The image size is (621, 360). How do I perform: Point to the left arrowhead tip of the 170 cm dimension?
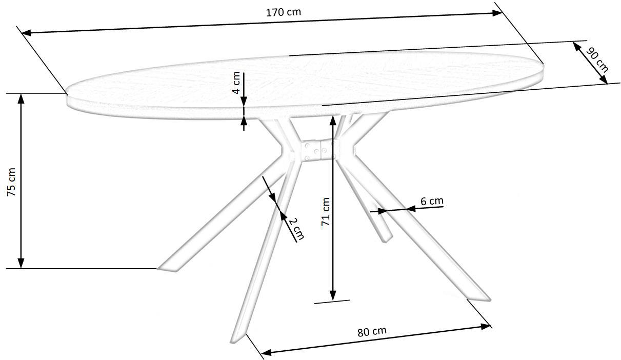pyautogui.click(x=22, y=33)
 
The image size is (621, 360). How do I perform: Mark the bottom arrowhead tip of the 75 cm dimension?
pyautogui.click(x=21, y=268)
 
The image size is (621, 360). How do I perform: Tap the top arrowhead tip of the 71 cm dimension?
pyautogui.click(x=333, y=115)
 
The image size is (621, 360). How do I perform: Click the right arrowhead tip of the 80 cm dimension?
pyautogui.click(x=490, y=326)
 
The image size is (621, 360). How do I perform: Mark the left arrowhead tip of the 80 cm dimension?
pyautogui.click(x=261, y=353)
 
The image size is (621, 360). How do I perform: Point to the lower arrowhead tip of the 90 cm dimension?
pyautogui.click(x=608, y=84)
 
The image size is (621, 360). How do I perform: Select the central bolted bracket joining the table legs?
pyautogui.click(x=319, y=150)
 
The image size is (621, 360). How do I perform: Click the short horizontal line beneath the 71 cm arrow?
pyautogui.click(x=332, y=302)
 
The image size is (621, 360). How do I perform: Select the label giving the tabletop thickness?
pyautogui.click(x=236, y=83)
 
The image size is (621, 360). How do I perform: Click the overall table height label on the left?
pyautogui.click(x=11, y=182)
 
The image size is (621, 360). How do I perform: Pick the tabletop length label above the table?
pyautogui.click(x=284, y=12)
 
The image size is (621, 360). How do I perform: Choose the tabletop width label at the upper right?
pyautogui.click(x=597, y=61)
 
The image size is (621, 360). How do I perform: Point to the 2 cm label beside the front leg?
pyautogui.click(x=296, y=229)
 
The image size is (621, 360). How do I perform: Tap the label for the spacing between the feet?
pyautogui.click(x=372, y=331)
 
